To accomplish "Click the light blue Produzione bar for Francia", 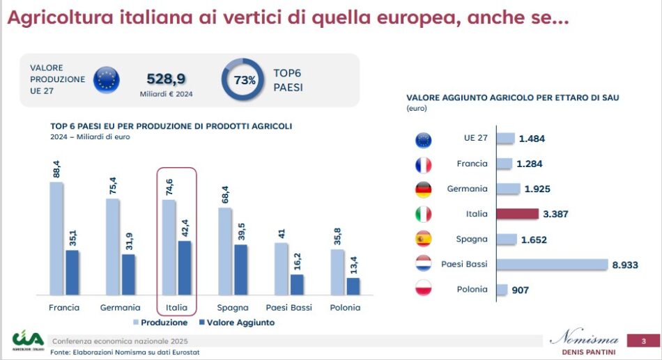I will click(x=56, y=237).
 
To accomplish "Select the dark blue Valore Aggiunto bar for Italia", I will click(x=185, y=267).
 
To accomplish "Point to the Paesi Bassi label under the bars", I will click(x=289, y=308).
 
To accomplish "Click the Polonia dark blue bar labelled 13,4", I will click(x=353, y=286).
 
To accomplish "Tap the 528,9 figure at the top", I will click(x=165, y=79).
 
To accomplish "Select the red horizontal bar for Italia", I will click(x=518, y=214).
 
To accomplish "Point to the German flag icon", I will click(x=423, y=189).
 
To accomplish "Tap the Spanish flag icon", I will click(x=423, y=239).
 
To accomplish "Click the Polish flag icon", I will click(x=423, y=289).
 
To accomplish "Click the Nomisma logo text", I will click(x=583, y=340).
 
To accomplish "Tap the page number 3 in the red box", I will click(x=644, y=341).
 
